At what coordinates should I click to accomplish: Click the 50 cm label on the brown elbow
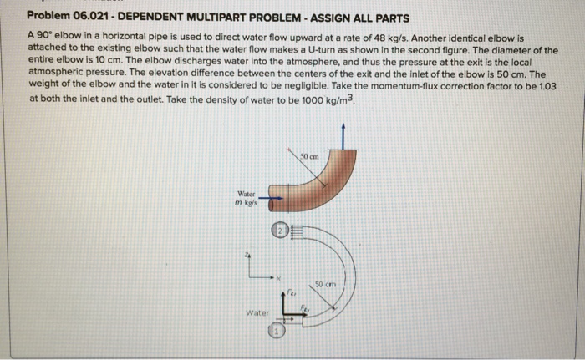[x=310, y=155]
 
